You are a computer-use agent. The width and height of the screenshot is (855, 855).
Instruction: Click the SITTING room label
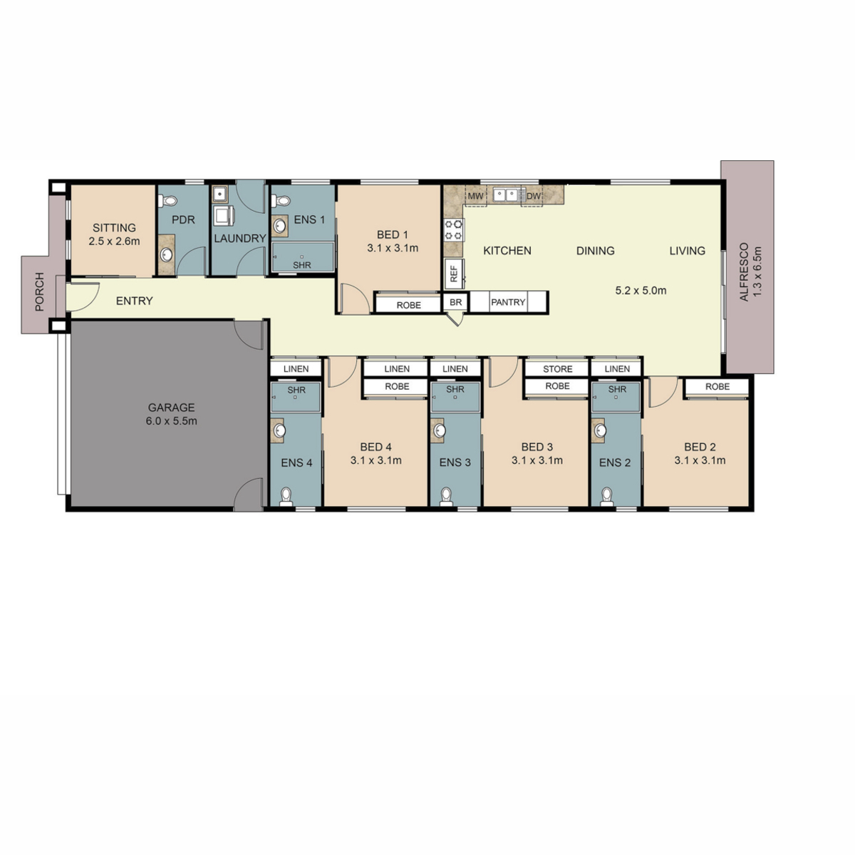coord(114,227)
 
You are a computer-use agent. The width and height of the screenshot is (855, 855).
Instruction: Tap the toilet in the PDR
coord(169,200)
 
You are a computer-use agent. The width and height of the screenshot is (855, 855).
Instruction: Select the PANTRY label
coord(508,302)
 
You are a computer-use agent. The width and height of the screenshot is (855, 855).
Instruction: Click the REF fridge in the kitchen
coord(454,274)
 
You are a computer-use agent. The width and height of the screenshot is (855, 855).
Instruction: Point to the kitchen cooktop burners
coord(453,230)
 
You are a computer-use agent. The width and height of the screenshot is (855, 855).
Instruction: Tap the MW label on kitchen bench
coord(475,196)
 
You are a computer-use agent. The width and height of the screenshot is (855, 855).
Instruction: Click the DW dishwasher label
coord(534,196)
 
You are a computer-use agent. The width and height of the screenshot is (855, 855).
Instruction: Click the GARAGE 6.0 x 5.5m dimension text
coord(171,420)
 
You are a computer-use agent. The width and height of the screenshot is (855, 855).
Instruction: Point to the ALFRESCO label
coord(744,271)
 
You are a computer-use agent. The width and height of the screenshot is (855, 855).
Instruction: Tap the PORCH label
coord(40,291)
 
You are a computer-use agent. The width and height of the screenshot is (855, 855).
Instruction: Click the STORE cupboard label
coord(558,369)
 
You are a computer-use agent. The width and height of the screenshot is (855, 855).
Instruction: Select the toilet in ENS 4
coord(286,497)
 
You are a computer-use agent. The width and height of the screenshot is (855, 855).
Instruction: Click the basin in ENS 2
coord(601,430)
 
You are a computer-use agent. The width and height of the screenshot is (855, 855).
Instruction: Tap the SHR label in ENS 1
coord(302,265)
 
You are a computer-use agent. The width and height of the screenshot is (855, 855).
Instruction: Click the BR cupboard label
coord(456,303)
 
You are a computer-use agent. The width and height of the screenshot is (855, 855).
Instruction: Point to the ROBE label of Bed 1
coord(409,305)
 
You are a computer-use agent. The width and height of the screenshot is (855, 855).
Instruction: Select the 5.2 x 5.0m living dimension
coord(641,291)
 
